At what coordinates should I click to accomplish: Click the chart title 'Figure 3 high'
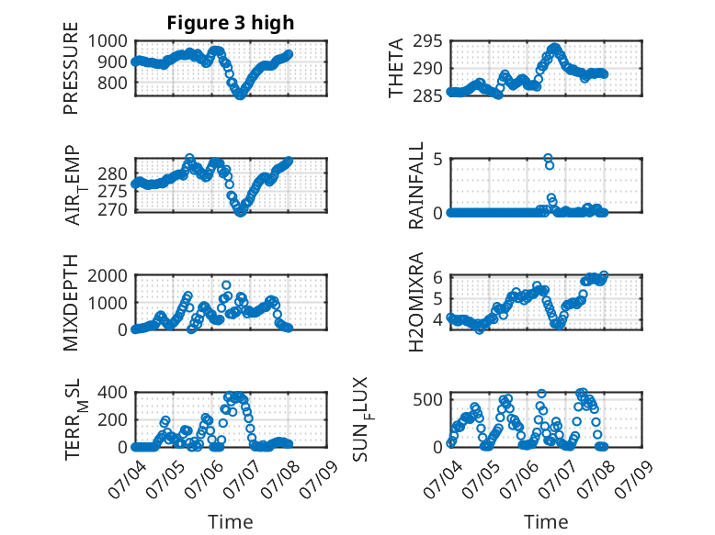coord(231,23)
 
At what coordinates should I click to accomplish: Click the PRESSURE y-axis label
coord(71,68)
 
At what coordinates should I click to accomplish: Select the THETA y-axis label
coord(396,68)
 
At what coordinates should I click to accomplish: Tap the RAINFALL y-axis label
coord(416,185)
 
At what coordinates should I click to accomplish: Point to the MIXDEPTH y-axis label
coord(71,303)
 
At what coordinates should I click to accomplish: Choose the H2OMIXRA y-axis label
coord(416,302)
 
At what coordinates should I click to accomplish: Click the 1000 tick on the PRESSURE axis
coord(108,41)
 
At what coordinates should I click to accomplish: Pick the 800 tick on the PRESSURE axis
coord(113,84)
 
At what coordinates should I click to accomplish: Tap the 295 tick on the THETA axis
coord(427,41)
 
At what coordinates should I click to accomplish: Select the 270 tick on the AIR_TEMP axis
coord(113,210)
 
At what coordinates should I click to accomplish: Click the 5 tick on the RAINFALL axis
coord(437,160)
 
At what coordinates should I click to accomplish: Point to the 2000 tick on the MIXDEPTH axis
coord(108,275)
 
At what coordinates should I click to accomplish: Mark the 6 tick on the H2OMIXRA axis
coord(437,277)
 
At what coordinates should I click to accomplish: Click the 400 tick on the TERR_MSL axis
coord(113,393)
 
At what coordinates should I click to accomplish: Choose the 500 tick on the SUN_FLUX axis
coord(427,400)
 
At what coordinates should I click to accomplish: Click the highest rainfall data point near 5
coord(548,158)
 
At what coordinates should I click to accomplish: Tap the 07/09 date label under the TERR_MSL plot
coord(320,478)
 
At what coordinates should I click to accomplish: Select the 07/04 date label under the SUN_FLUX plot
coord(443,478)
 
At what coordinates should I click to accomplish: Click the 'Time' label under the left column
coord(231,522)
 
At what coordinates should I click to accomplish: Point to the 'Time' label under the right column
coord(546,522)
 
